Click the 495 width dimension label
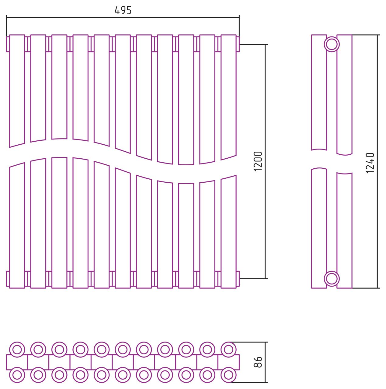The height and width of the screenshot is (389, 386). coord(123,10)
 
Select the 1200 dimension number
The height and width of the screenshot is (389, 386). coord(258,161)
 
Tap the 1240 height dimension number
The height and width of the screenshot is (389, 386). coord(370,163)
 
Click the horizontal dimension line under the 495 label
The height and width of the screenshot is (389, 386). coord(123,18)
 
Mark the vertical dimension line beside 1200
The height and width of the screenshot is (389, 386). coord(265,161)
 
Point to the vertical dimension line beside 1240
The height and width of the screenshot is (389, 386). coord(377,161)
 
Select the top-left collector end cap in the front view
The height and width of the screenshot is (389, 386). coord(8,44)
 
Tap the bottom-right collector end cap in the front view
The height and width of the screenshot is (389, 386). coord(238,279)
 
